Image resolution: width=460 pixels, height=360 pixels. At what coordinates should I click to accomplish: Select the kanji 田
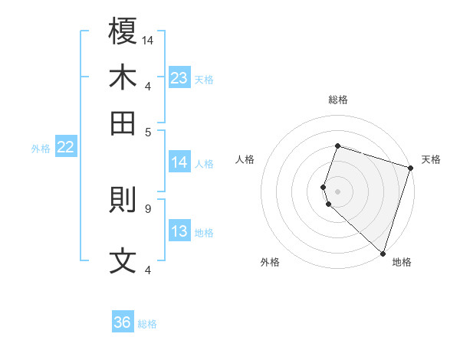(123, 123)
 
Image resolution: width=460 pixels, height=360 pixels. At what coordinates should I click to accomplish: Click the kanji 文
(123, 261)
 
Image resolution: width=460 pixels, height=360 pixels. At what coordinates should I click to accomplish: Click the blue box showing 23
(179, 78)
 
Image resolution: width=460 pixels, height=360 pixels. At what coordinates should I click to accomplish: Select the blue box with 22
(65, 148)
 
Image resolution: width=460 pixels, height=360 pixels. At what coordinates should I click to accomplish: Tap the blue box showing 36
(123, 323)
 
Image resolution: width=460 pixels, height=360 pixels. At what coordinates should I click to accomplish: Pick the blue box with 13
(179, 232)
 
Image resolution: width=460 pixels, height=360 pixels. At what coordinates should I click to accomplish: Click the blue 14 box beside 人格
(179, 162)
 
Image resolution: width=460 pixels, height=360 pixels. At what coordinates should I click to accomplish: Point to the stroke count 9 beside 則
(148, 208)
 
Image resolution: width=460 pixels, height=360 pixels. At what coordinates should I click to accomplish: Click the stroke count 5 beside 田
(149, 131)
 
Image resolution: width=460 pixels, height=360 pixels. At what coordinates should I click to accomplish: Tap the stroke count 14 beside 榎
(149, 40)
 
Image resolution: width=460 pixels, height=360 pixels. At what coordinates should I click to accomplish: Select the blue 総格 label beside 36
(147, 325)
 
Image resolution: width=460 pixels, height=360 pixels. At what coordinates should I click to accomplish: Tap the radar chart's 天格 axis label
(431, 159)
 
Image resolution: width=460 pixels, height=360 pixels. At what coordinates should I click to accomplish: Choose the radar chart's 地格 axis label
(402, 263)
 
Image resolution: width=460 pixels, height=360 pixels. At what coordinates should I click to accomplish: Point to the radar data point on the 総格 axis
(337, 146)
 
